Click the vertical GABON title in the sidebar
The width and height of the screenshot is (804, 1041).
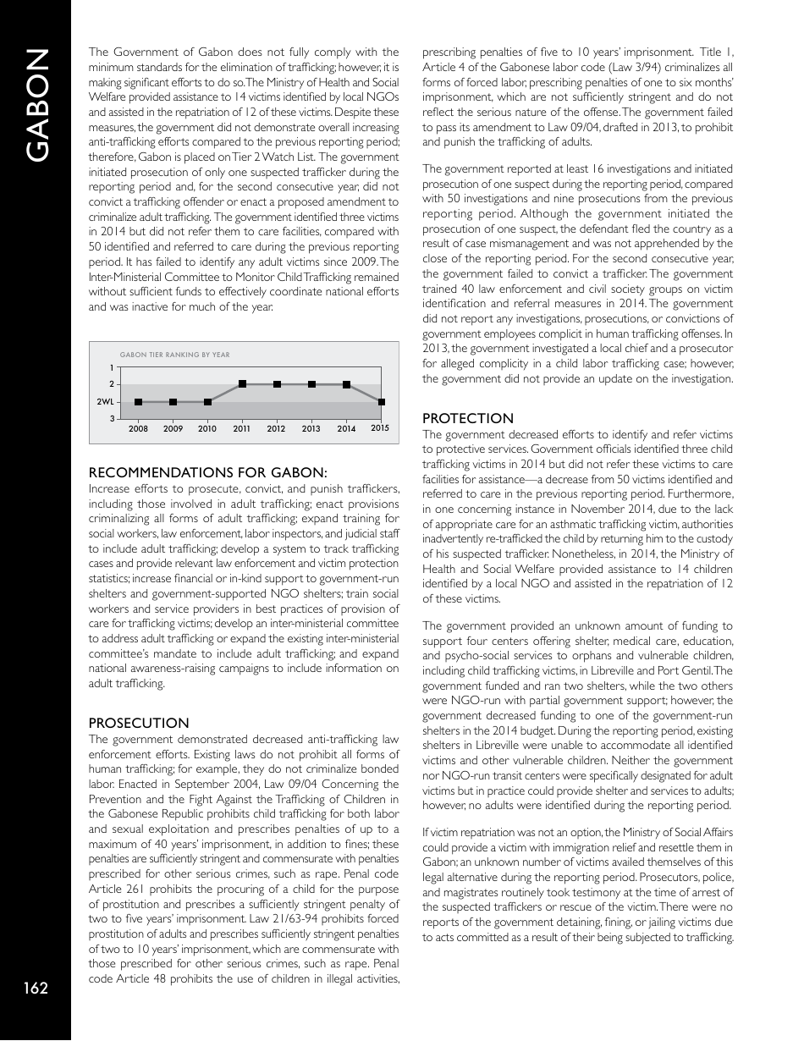(x=36, y=103)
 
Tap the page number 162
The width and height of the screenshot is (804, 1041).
(x=36, y=989)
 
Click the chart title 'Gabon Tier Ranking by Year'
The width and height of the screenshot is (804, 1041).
(x=175, y=355)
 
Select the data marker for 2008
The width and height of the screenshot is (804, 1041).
(x=138, y=402)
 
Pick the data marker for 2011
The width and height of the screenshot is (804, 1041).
(x=242, y=384)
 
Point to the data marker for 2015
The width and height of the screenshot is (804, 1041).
(x=382, y=402)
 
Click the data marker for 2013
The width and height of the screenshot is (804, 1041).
(x=311, y=384)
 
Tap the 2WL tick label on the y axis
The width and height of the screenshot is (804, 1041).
(x=106, y=402)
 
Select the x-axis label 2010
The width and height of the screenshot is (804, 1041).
(x=207, y=429)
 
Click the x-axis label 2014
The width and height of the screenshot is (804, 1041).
(x=346, y=429)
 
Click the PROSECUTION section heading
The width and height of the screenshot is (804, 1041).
(x=139, y=723)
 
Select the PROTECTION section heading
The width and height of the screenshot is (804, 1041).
(x=468, y=418)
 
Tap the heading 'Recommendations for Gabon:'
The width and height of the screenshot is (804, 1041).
(x=207, y=472)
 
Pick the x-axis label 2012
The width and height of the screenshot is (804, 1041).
(x=276, y=429)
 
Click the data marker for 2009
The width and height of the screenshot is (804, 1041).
(x=173, y=402)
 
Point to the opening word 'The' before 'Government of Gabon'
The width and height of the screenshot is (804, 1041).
(x=100, y=52)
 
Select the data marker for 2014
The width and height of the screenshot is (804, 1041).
(x=346, y=384)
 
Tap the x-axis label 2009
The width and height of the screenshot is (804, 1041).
(x=173, y=429)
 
